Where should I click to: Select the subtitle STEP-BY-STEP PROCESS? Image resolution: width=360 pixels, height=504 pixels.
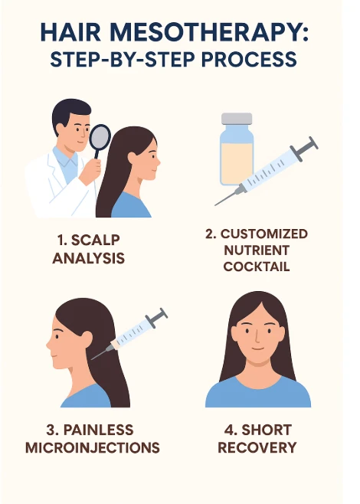coord(180,60)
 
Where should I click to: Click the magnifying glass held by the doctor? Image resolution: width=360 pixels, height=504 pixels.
coord(100,138)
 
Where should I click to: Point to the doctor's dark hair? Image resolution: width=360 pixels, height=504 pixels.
coord(65,113)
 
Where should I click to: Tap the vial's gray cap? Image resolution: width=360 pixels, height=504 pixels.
coord(236,119)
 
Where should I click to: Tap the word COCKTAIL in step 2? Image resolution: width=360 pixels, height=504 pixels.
coord(256,267)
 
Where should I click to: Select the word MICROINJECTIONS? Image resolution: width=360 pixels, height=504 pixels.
coord(92,447)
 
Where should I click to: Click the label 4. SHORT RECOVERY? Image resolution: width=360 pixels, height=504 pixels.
coord(257,438)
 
